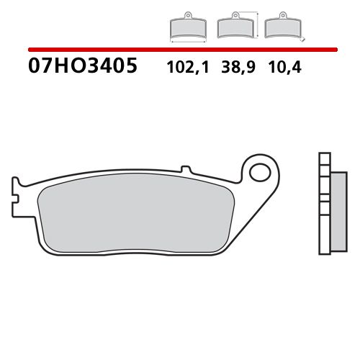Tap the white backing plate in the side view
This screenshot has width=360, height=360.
tap(323, 209)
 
